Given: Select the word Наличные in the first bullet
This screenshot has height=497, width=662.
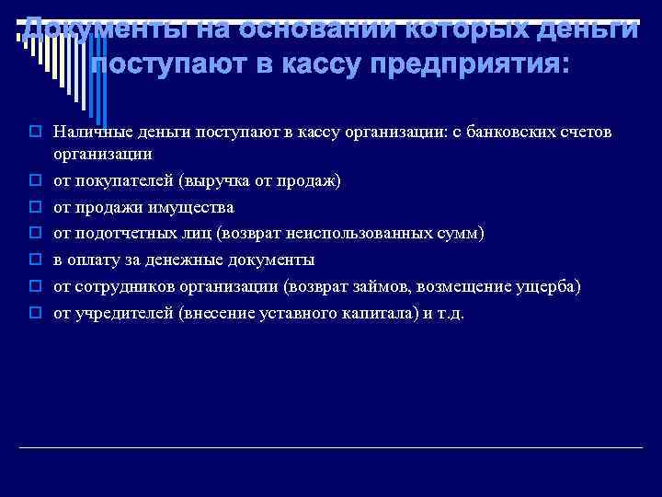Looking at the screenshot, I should click(87, 133).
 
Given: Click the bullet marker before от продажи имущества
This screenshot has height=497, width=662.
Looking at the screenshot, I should click(36, 207).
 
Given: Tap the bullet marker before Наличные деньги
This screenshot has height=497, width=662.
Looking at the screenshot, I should click(36, 133).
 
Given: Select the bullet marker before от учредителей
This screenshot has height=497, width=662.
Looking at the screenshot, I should click(36, 314).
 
